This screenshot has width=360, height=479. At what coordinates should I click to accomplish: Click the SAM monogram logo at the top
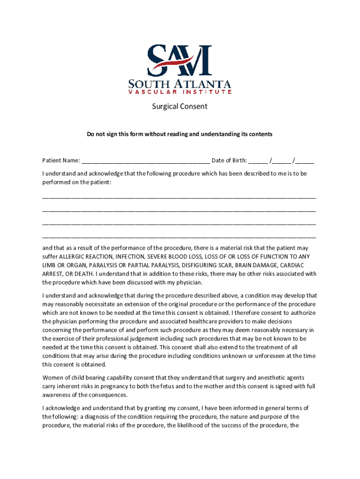180,60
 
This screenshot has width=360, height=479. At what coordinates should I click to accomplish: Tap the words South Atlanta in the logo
180,84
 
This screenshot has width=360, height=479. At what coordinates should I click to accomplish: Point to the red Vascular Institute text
180,92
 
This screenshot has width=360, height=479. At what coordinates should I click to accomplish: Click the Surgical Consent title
180,107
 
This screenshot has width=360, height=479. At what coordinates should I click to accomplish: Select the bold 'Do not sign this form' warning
180,134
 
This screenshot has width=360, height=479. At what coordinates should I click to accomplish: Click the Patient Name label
61,161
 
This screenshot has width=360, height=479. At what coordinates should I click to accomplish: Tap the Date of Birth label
229,161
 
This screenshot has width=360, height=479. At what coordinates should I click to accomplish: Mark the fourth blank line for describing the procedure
179,238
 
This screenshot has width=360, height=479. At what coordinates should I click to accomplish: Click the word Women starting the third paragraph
53,378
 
